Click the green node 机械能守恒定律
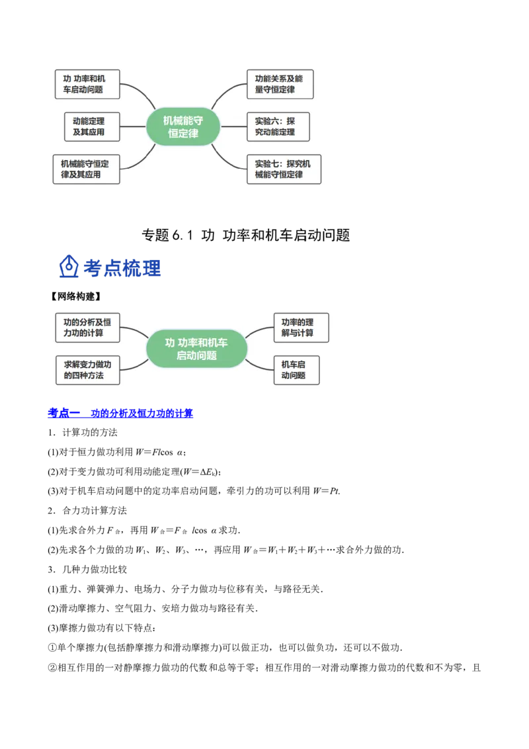pyautogui.click(x=183, y=126)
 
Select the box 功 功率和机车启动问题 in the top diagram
pyautogui.click(x=87, y=84)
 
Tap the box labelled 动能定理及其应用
pyautogui.click(x=92, y=126)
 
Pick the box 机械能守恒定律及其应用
pyautogui.click(x=86, y=169)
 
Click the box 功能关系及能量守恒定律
pyautogui.click(x=280, y=84)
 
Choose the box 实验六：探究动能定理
pyautogui.click(x=278, y=126)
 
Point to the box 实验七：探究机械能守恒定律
pyautogui.click(x=284, y=169)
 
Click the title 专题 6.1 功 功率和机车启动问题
pyautogui.click(x=246, y=235)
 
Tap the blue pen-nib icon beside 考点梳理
pyautogui.click(x=69, y=267)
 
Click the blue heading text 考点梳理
pyautogui.click(x=122, y=268)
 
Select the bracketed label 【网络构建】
pyautogui.click(x=75, y=296)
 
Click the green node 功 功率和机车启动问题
pyautogui.click(x=196, y=349)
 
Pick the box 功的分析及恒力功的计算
pyautogui.click(x=88, y=328)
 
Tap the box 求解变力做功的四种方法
pyautogui.click(x=88, y=371)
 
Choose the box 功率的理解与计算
pyautogui.click(x=302, y=328)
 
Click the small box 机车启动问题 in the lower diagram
pyautogui.click(x=296, y=371)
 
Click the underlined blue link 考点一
pyautogui.click(x=64, y=413)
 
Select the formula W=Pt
pyautogui.click(x=327, y=491)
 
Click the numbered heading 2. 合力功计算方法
pyautogui.click(x=87, y=511)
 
